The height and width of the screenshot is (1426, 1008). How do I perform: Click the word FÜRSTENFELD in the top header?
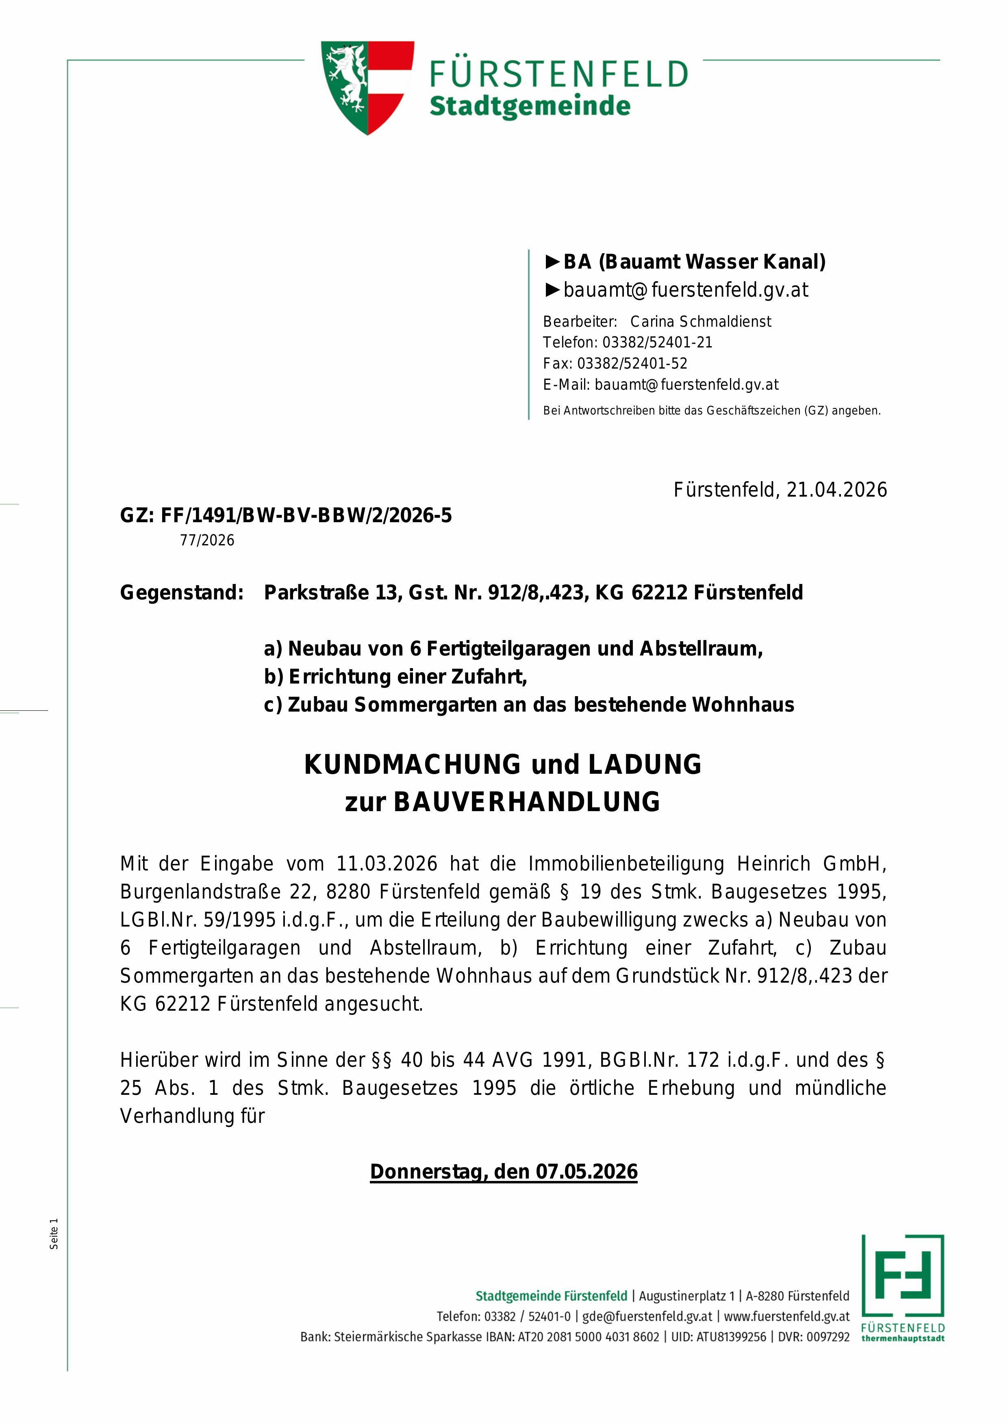(x=558, y=74)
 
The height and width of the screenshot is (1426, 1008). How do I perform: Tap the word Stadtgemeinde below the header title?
(x=530, y=106)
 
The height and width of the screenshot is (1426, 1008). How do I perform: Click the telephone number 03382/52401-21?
(x=657, y=342)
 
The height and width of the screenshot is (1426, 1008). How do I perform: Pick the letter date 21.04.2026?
(x=836, y=490)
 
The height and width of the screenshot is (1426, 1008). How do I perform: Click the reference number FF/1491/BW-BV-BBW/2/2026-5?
(x=306, y=515)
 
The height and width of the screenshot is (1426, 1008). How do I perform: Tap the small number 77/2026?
(x=207, y=540)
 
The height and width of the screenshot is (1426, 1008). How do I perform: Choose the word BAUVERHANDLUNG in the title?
(x=527, y=802)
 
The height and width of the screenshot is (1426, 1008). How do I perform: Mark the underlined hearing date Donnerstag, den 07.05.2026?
(x=504, y=1172)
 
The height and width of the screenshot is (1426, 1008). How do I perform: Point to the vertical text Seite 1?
(x=54, y=1234)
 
